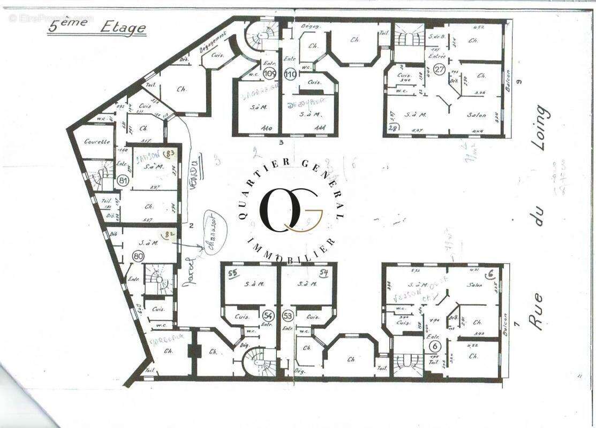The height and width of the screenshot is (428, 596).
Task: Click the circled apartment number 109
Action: click(x=270, y=73)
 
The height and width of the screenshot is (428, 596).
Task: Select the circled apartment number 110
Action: click(x=291, y=73)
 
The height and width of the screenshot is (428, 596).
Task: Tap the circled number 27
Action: click(x=440, y=69)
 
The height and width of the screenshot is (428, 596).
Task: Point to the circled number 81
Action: click(x=123, y=181)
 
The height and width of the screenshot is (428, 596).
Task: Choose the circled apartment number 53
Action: click(x=288, y=315)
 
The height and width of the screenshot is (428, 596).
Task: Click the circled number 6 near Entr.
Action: click(x=434, y=346)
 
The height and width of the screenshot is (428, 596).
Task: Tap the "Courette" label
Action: click(x=97, y=142)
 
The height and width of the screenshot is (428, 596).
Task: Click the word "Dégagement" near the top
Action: click(x=214, y=42)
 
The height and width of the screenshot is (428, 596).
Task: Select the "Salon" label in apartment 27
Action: click(x=477, y=115)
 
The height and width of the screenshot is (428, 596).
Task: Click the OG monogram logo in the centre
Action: click(x=291, y=209)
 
